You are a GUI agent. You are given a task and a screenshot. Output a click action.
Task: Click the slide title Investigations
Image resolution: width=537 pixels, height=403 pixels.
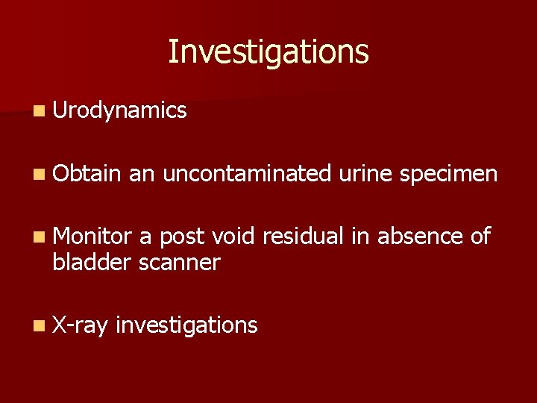(268, 52)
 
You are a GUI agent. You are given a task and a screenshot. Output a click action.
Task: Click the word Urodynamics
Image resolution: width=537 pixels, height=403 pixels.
(119, 111)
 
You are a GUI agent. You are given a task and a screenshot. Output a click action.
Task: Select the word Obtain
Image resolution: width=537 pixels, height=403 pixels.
(87, 174)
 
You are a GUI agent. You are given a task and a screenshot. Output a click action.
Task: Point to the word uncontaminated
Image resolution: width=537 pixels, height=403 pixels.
(246, 174)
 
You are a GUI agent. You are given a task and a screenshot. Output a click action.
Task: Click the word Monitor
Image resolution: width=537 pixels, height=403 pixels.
(92, 237)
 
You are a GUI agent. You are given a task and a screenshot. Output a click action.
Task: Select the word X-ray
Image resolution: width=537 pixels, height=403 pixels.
(81, 325)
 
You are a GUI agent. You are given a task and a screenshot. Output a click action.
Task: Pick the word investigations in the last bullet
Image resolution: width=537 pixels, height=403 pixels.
(187, 325)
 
